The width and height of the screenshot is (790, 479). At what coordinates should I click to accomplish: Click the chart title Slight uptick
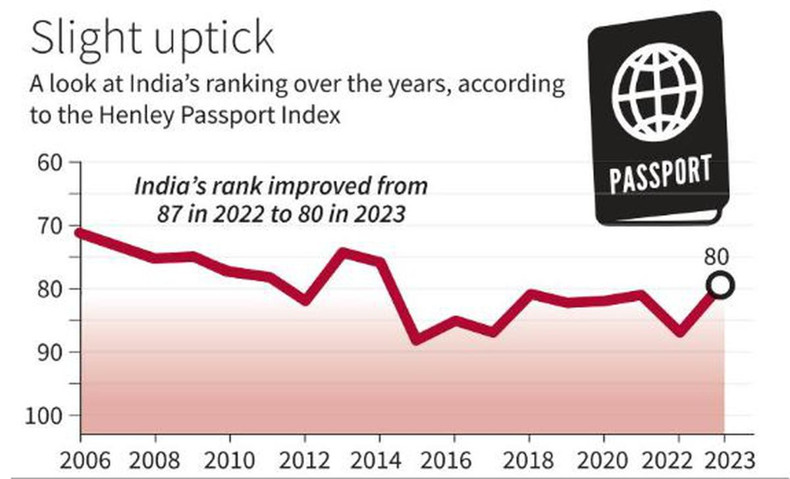151,39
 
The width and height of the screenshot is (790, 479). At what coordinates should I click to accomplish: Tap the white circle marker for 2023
721,285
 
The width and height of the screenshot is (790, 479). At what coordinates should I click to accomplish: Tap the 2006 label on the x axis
80,459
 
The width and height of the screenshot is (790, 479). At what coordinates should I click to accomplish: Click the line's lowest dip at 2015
417,340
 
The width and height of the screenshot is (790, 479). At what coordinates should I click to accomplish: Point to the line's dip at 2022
679,331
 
